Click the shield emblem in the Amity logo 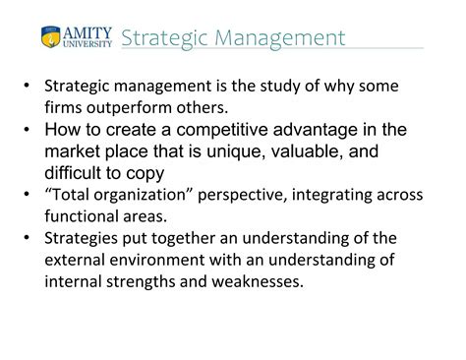(x=50, y=36)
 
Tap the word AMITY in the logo (x=88, y=30)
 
